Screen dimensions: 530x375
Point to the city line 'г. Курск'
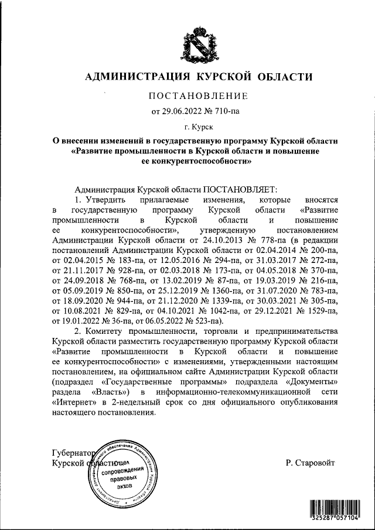coord(196,126)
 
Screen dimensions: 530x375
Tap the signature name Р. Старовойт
coord(311,463)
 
